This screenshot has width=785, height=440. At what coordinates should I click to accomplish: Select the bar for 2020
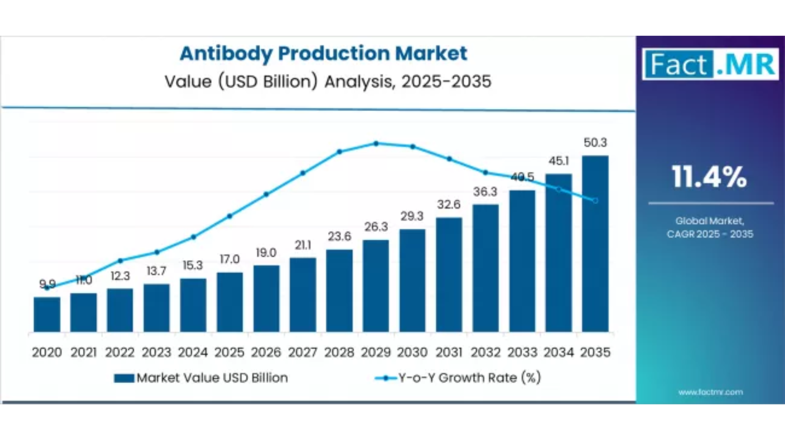(x=47, y=314)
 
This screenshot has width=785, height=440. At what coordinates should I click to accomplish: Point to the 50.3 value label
(x=595, y=143)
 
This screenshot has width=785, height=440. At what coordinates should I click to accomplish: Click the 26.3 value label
(x=376, y=227)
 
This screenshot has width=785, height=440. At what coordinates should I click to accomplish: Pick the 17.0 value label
(x=230, y=259)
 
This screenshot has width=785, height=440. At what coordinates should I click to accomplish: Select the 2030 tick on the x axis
(x=412, y=352)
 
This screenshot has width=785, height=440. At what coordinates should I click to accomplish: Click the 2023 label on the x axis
(x=157, y=352)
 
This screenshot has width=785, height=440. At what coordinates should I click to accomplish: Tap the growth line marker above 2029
(x=376, y=144)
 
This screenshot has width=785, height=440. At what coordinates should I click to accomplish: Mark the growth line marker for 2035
(x=596, y=200)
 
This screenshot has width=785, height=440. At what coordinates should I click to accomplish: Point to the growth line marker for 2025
(x=230, y=216)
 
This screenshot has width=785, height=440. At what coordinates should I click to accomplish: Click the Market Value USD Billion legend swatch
(x=124, y=378)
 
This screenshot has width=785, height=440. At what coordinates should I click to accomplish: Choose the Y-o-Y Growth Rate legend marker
(x=386, y=378)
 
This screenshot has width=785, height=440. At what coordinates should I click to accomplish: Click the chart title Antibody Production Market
(x=323, y=54)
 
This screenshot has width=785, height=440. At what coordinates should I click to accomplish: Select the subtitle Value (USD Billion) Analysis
(x=328, y=82)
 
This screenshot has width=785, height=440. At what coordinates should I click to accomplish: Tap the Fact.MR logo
(x=710, y=64)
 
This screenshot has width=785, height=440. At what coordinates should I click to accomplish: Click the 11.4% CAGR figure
(x=709, y=177)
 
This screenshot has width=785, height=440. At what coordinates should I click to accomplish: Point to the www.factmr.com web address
(x=710, y=392)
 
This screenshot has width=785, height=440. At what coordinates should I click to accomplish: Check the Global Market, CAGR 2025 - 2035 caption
(x=710, y=227)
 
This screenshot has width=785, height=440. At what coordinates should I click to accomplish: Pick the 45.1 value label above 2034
(x=559, y=161)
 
